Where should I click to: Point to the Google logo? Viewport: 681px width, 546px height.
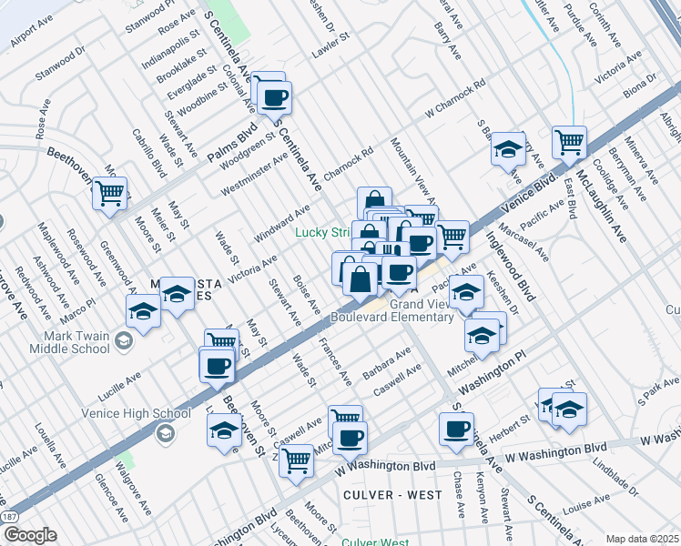coord(29,535)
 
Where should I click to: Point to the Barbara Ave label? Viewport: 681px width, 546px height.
coord(387,364)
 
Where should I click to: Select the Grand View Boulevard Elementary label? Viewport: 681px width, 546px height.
coord(392,310)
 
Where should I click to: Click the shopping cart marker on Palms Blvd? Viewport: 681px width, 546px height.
coord(109,192)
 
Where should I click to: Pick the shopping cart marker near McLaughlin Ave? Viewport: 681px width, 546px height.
coord(568,141)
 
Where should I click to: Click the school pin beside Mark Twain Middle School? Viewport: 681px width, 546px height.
coord(143,311)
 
